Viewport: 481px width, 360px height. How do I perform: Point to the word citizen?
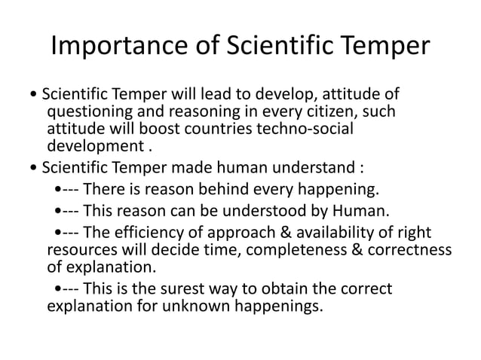point(335,112)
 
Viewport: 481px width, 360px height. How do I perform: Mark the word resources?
point(83,249)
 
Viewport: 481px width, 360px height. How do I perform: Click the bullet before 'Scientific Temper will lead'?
point(35,96)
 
